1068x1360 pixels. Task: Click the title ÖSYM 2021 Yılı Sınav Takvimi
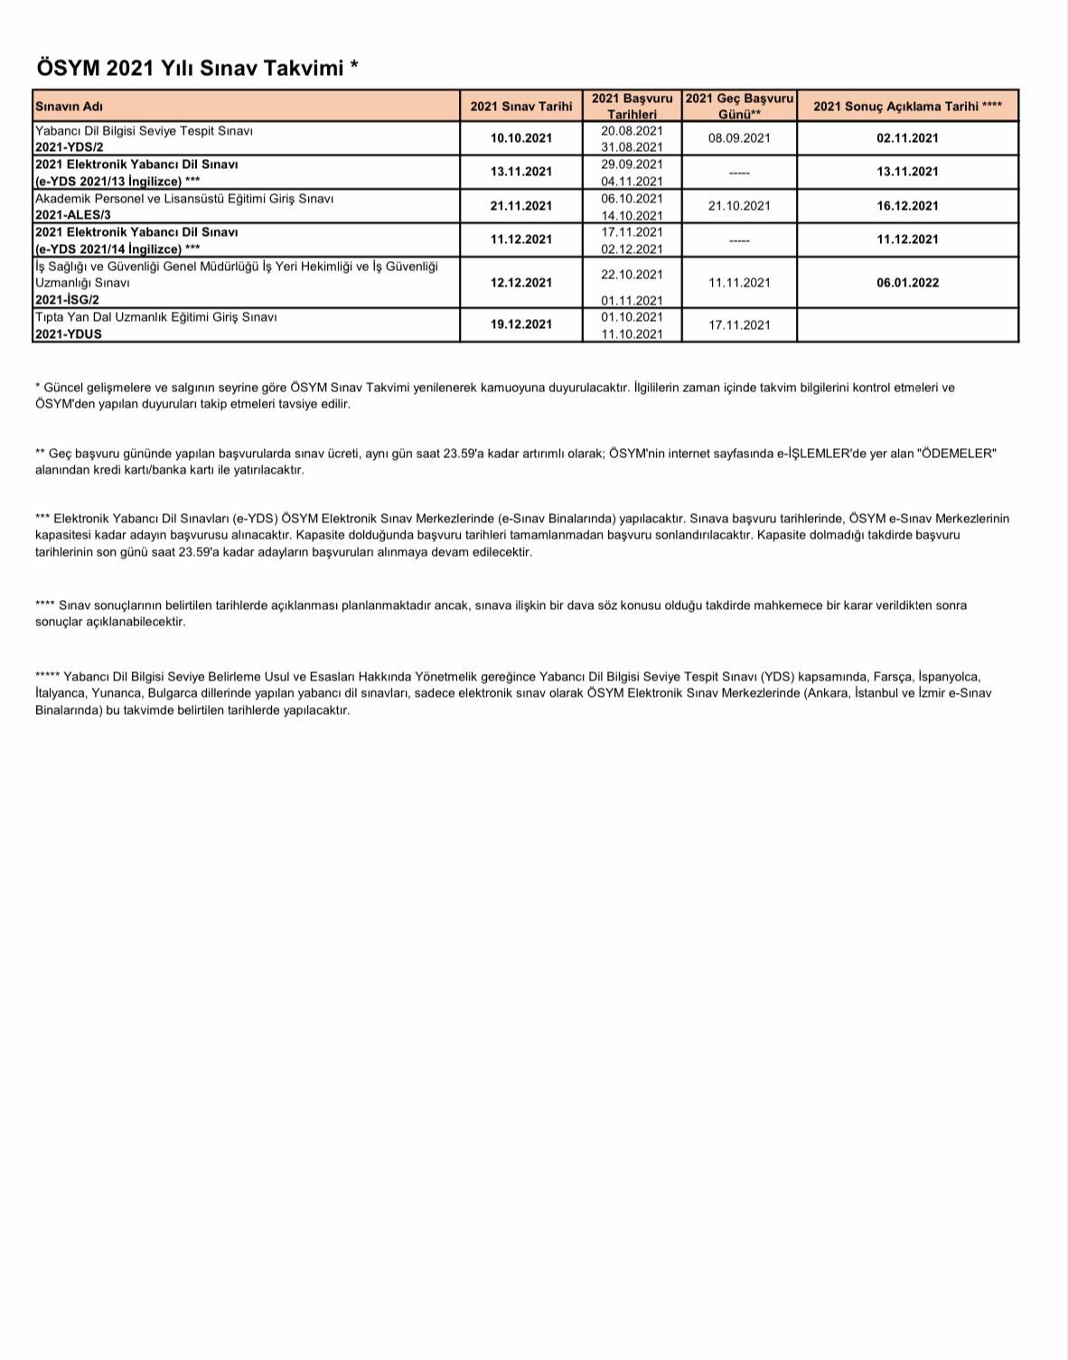pos(197,68)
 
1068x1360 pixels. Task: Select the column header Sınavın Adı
pos(69,107)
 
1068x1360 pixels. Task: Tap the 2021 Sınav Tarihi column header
pos(521,107)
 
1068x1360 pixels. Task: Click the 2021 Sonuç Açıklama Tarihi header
pos(907,107)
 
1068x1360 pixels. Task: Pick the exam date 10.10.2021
pos(521,138)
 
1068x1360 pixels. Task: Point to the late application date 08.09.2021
pos(739,138)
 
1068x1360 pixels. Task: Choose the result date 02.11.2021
pos(907,138)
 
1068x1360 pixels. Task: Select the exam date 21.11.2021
pos(521,206)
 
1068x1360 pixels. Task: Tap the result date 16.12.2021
pos(907,206)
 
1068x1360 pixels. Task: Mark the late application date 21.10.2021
pos(739,206)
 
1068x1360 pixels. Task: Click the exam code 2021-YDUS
pos(69,333)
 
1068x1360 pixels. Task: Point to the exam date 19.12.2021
pos(521,324)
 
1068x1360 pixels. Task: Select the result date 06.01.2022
pos(907,283)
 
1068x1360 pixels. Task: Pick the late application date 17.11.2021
pos(739,325)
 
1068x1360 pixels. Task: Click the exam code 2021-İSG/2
pos(67,299)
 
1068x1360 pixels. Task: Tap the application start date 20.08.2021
pos(632,131)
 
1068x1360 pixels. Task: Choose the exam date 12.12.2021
pos(521,283)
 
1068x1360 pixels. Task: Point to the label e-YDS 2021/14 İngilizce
pos(108,249)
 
